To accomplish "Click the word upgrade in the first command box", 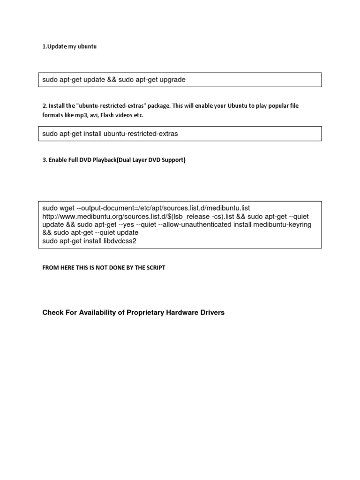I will coord(172,80).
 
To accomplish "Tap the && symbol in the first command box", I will coord(112,80).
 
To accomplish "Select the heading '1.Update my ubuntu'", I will coord(69,47).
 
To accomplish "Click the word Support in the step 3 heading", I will coord(173,160).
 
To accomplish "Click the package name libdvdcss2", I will coord(119,241).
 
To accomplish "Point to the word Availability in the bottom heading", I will coord(97,313).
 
